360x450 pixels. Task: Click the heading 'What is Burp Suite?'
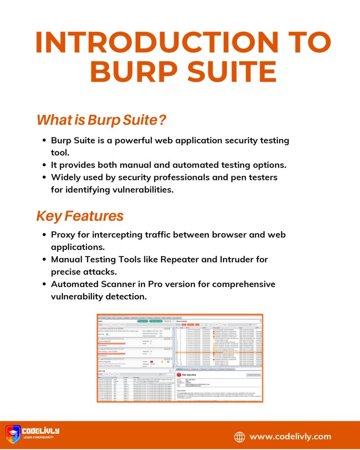(x=102, y=120)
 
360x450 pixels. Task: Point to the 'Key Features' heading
(x=80, y=216)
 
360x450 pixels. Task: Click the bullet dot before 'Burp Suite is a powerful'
(x=44, y=141)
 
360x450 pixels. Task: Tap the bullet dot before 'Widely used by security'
(x=44, y=178)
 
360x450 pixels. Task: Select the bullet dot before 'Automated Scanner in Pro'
(x=44, y=284)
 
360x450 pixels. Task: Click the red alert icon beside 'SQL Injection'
(x=179, y=374)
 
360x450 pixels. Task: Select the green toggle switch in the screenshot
(x=108, y=334)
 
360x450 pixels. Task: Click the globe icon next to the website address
(x=240, y=436)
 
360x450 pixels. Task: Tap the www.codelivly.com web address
(x=291, y=436)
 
